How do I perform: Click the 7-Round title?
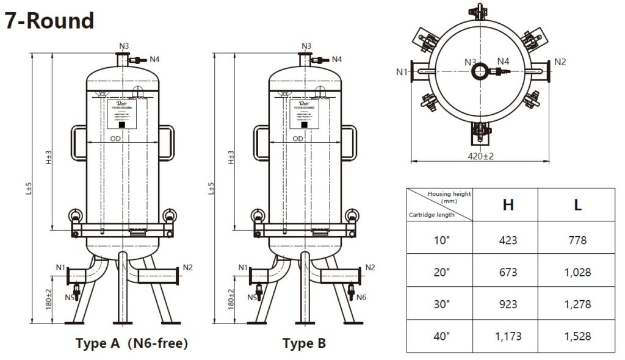point(49,21)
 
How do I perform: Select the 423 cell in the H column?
point(508,240)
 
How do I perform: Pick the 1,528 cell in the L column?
point(577,336)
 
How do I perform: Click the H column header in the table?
point(508,205)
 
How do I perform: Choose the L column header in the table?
point(577,205)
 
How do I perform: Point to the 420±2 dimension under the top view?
point(480,156)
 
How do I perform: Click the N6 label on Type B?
point(361,297)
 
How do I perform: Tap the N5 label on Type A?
point(71,297)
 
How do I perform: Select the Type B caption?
point(304,344)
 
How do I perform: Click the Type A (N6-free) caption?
point(132,344)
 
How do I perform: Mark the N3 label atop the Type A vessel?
point(124,46)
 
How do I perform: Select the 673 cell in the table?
point(508,272)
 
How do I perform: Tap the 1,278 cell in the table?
point(577,304)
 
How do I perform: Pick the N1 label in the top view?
point(401,72)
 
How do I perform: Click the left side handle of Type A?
point(78,143)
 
